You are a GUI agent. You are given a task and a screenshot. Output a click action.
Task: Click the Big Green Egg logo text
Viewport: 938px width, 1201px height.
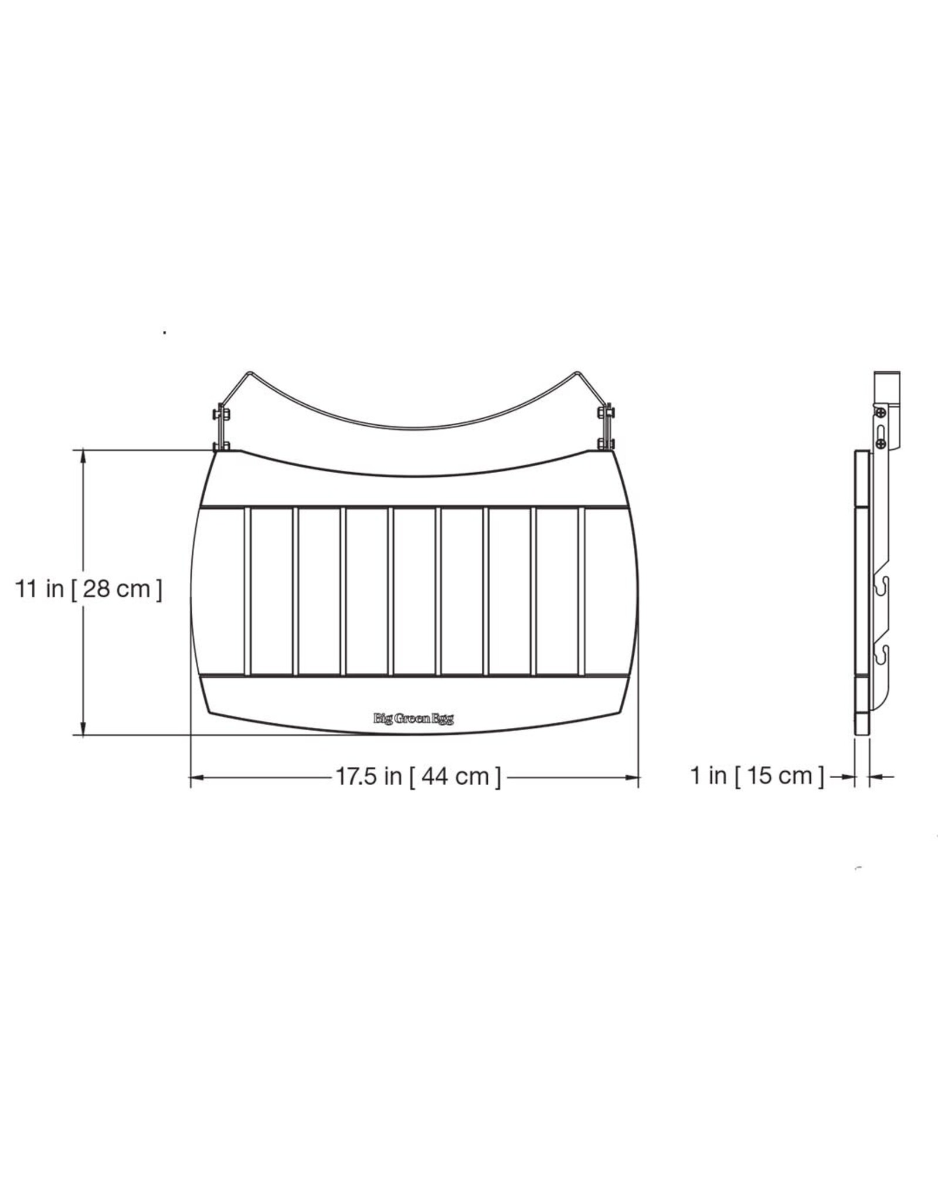(413, 718)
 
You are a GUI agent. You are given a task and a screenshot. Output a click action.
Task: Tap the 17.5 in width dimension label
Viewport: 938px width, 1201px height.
(368, 776)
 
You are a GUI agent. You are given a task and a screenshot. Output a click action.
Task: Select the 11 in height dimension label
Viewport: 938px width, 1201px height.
(39, 588)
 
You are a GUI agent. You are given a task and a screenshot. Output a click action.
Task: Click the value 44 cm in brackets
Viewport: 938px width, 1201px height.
(455, 776)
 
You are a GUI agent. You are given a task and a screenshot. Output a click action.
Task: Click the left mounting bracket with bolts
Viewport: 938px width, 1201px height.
(221, 426)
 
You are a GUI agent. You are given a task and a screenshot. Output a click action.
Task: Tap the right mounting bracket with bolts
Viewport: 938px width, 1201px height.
(606, 426)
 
